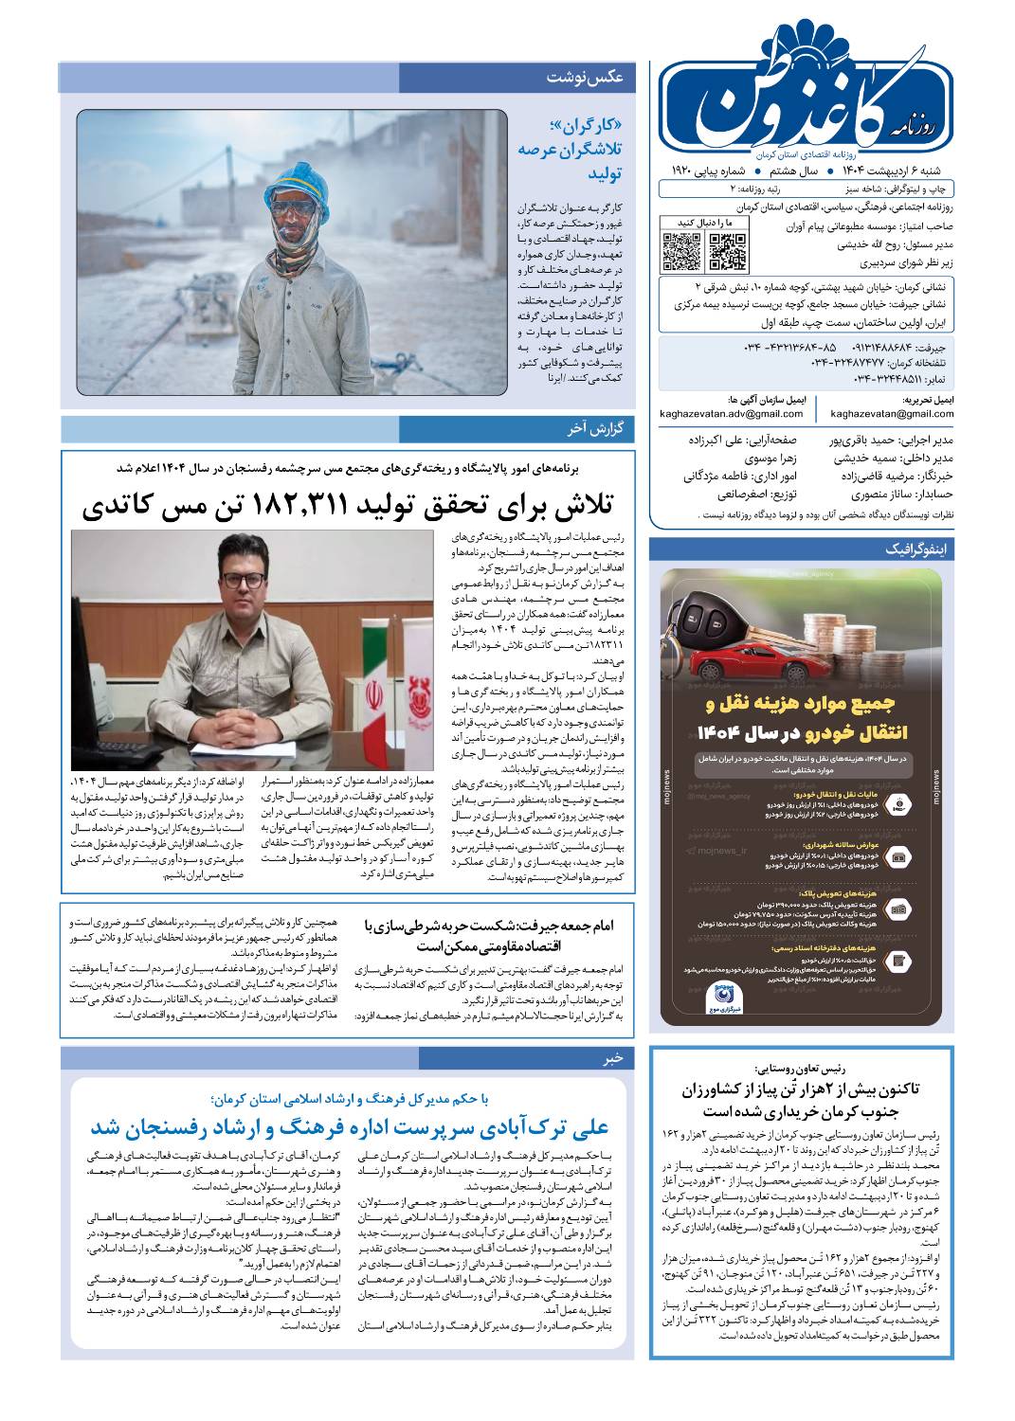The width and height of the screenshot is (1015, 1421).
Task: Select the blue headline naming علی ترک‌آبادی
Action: point(350,1127)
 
